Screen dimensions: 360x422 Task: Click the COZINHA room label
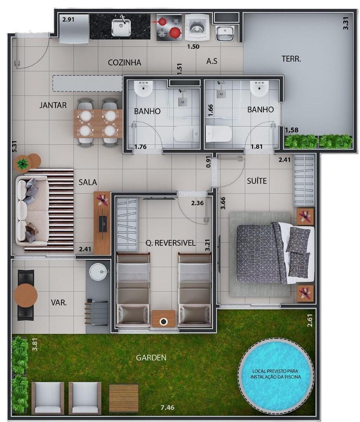[x=124, y=63]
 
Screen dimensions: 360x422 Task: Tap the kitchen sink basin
[x=121, y=27]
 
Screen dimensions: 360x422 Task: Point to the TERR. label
[x=291, y=59]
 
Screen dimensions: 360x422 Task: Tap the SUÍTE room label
[x=257, y=181]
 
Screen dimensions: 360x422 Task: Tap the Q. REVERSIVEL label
[x=171, y=243]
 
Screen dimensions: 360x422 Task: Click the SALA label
[x=88, y=182]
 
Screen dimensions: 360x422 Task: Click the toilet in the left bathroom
[x=186, y=134]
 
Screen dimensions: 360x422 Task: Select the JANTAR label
[x=53, y=105]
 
